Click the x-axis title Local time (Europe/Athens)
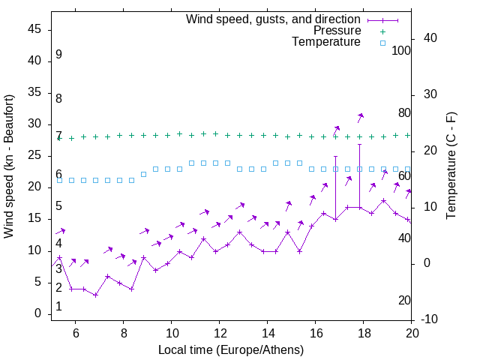coord(231,350)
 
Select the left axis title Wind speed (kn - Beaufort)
coord(9,166)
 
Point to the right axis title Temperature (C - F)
coord(451,166)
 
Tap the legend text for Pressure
coord(337,31)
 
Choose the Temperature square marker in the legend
coord(382,43)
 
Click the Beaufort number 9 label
coord(58,55)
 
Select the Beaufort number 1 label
coord(58,307)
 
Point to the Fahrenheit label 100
coord(401,50)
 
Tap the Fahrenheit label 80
coord(404,112)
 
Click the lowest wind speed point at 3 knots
coord(96,295)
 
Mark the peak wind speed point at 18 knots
coord(384,200)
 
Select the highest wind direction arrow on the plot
coord(360,117)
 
